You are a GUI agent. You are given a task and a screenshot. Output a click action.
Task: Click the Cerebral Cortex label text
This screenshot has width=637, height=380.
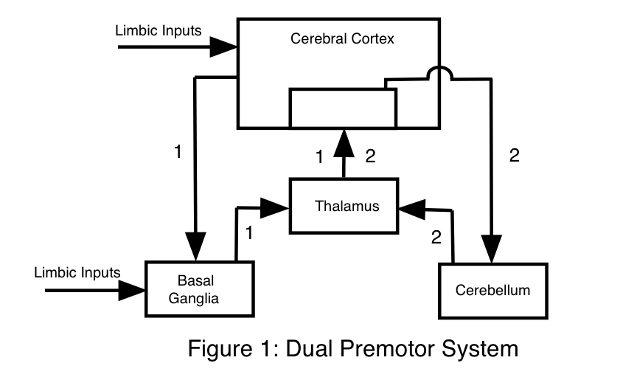343,39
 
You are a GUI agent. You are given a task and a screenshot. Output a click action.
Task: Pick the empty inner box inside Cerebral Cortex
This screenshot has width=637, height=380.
343,108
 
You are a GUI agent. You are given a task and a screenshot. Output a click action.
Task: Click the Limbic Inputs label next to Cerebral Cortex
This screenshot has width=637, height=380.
159,31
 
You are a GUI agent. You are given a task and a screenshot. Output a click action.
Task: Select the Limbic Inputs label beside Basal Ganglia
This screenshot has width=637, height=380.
77,272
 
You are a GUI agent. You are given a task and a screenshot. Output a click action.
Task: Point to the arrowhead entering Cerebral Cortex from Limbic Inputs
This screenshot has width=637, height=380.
222,47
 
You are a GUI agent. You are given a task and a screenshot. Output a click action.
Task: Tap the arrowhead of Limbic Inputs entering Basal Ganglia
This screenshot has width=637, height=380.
133,290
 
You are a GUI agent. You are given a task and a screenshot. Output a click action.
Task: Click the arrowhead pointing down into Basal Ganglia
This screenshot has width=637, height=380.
195,244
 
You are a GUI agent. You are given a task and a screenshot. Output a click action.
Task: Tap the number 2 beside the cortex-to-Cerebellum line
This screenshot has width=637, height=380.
514,156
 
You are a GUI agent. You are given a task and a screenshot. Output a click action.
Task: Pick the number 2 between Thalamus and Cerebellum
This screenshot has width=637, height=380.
436,237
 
